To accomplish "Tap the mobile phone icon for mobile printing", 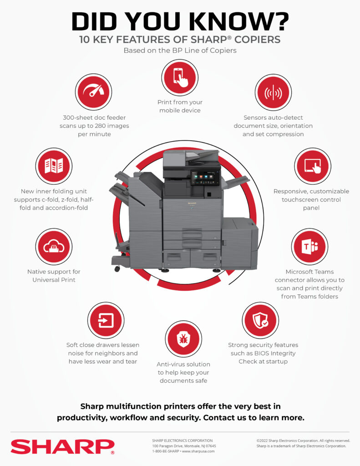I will tap(179, 77).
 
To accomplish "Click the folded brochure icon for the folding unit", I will tap(54, 166).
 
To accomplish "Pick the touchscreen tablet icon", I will tap(312, 166).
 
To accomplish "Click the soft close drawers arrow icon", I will tap(106, 320).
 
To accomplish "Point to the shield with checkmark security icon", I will tap(260, 320).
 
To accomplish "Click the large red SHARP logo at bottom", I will tap(62, 446).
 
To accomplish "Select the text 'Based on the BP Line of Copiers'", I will tap(180, 51).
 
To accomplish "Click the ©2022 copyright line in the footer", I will tap(303, 441).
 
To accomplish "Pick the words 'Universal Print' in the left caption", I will tap(54, 280).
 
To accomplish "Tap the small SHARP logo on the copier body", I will tap(192, 201).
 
